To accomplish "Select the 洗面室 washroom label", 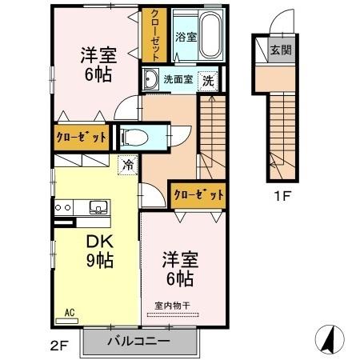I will pos(178,80).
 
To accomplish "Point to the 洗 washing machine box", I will pos(207,80).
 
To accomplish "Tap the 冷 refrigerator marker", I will pos(127,166).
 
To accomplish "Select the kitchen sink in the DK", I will pos(98,208).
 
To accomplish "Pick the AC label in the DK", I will pos(69,311).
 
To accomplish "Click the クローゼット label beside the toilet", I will pos(80,137).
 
